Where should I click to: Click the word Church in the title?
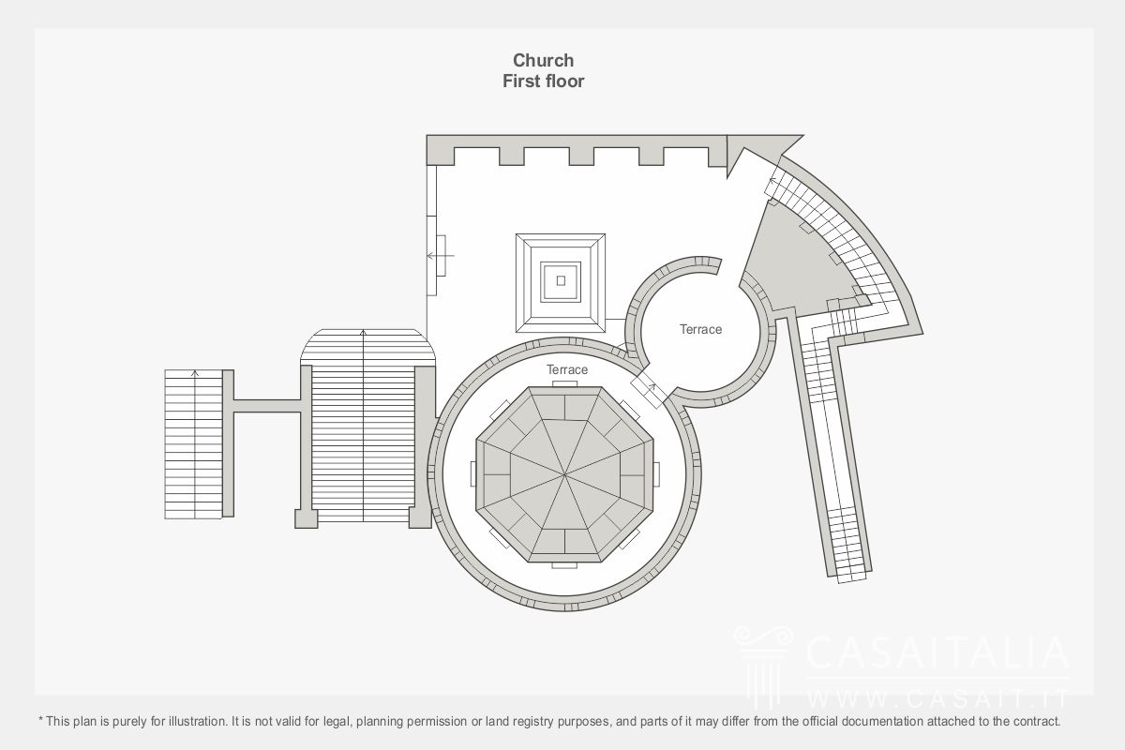(x=543, y=60)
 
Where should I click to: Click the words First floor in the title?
(x=544, y=81)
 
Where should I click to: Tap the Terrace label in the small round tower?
(x=700, y=329)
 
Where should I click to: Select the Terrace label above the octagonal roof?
(x=567, y=369)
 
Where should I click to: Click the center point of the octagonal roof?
(x=564, y=474)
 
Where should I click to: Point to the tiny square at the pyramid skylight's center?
(x=561, y=281)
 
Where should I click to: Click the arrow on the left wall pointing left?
(x=441, y=256)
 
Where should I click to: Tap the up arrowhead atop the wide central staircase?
(x=363, y=333)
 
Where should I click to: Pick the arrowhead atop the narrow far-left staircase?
(x=195, y=373)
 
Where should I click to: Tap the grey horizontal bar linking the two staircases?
(x=267, y=406)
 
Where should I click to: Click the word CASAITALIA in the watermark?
(x=937, y=652)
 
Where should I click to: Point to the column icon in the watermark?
(x=763, y=666)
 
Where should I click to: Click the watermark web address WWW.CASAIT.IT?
(x=937, y=698)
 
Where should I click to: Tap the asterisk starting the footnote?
(x=40, y=719)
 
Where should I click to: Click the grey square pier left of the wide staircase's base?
(x=306, y=519)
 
